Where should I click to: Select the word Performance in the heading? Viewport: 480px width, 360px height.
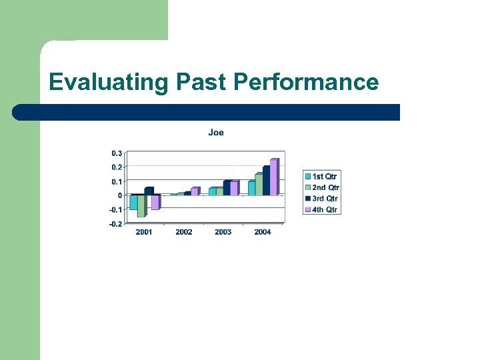pyautogui.click(x=306, y=83)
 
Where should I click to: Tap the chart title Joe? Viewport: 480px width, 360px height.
pyautogui.click(x=216, y=133)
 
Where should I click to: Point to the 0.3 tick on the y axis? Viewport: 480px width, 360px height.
pyautogui.click(x=116, y=153)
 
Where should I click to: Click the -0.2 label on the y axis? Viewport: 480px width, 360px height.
pyautogui.click(x=115, y=224)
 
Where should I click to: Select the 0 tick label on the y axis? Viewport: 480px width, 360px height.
pyautogui.click(x=120, y=195)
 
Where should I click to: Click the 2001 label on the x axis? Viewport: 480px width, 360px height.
pyautogui.click(x=144, y=232)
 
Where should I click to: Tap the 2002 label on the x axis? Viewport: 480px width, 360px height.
pyautogui.click(x=183, y=232)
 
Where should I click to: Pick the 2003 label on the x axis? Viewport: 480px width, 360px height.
pyautogui.click(x=223, y=232)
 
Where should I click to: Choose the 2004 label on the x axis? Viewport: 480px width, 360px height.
pyautogui.click(x=263, y=232)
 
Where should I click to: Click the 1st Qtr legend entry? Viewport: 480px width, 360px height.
pyautogui.click(x=323, y=177)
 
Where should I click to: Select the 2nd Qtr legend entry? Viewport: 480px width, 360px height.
pyautogui.click(x=323, y=188)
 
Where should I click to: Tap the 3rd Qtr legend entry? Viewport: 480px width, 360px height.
pyautogui.click(x=323, y=199)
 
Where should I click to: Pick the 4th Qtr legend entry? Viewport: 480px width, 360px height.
pyautogui.click(x=323, y=210)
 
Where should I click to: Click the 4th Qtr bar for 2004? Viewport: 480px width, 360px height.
pyautogui.click(x=273, y=178)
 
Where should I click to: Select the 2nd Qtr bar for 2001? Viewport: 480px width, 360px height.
pyautogui.click(x=141, y=206)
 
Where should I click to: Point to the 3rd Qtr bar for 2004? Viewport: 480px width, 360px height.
pyautogui.click(x=266, y=181)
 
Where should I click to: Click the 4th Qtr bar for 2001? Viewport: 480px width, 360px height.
pyautogui.click(x=155, y=202)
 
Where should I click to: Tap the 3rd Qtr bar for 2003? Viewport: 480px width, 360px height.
pyautogui.click(x=227, y=189)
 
